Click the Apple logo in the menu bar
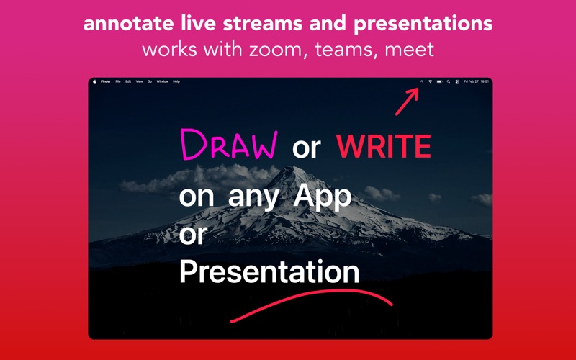[x=94, y=81]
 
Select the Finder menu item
[x=105, y=81]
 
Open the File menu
[x=118, y=81]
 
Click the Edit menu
[x=128, y=81]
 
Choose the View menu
[x=139, y=81]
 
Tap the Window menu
[x=162, y=81]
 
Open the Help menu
[x=176, y=81]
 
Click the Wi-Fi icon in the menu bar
[x=430, y=81]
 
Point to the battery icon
[x=438, y=81]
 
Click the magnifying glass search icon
[x=448, y=81]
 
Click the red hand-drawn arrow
[x=406, y=102]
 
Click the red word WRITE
[x=383, y=147]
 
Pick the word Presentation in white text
[x=269, y=272]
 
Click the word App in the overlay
[x=321, y=196]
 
